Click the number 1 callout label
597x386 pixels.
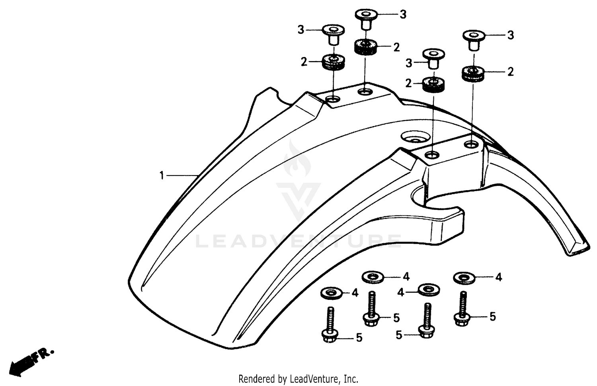click(162, 175)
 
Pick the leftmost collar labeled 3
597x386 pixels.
click(333, 34)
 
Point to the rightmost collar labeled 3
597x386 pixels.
click(473, 39)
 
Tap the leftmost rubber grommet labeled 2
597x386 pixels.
click(333, 62)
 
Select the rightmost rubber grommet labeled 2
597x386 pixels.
click(473, 73)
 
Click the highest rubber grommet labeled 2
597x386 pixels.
click(365, 47)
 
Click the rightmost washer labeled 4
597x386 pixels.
click(464, 278)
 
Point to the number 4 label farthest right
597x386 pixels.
click(499, 277)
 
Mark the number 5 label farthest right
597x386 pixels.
click(492, 317)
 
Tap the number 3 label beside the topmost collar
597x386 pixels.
click(403, 14)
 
